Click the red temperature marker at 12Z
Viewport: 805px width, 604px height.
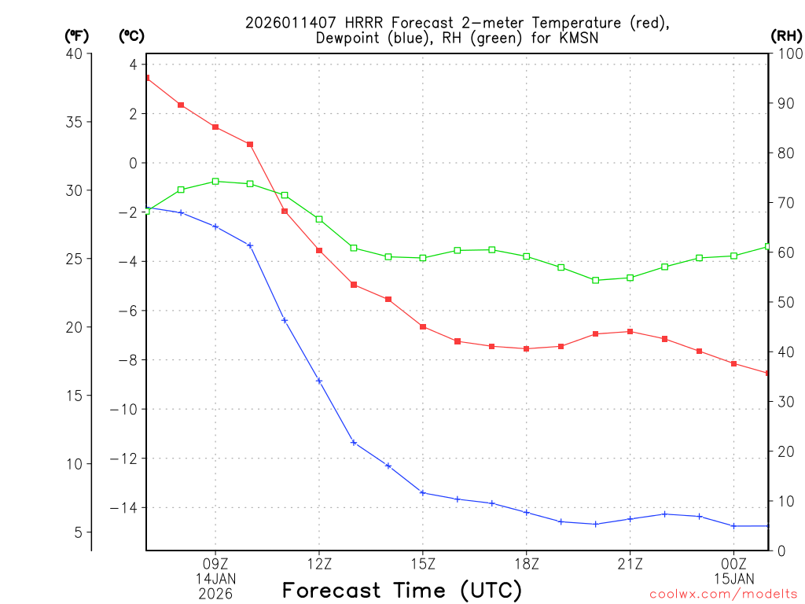319,250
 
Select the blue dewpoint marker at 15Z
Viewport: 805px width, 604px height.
423,492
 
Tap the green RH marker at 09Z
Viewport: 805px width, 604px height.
215,181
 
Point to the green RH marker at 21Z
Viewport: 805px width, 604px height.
630,278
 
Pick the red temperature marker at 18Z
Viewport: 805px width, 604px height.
526,348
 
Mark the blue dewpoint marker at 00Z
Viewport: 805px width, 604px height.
733,526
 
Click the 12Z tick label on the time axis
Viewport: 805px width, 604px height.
319,563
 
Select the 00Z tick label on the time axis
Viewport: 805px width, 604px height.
733,563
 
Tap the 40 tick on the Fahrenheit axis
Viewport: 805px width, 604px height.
75,53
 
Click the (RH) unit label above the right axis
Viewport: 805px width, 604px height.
786,35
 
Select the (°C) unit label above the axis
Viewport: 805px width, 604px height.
131,35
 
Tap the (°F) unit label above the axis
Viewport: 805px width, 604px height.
77,35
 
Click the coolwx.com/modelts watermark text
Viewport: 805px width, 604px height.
723,594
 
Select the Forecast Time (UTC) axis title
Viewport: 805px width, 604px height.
402,590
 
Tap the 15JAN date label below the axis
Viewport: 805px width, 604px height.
733,578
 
